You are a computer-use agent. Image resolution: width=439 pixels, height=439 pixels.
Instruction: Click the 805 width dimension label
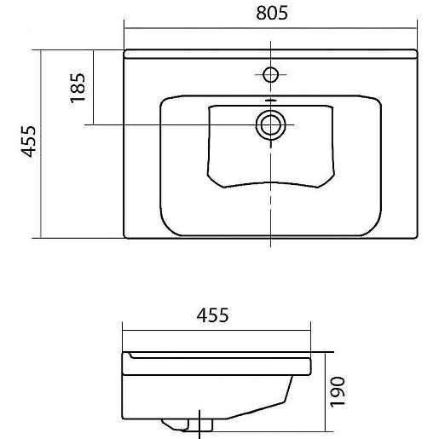coord(272,13)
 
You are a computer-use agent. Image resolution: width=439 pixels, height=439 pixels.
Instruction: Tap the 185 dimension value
coord(78,88)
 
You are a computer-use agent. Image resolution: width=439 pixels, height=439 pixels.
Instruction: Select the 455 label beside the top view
coord(29,142)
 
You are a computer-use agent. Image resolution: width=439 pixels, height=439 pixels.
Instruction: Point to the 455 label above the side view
coord(212,315)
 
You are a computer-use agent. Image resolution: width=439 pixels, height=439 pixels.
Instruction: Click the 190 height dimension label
coord(338,392)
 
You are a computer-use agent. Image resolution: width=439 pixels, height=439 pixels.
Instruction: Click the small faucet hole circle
coord(270,75)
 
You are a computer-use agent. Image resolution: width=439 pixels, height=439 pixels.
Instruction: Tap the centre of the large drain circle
coord(270,124)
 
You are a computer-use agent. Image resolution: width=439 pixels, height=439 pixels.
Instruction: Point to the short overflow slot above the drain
coord(270,101)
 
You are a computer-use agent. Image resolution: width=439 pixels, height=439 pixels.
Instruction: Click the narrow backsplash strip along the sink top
coord(270,54)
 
